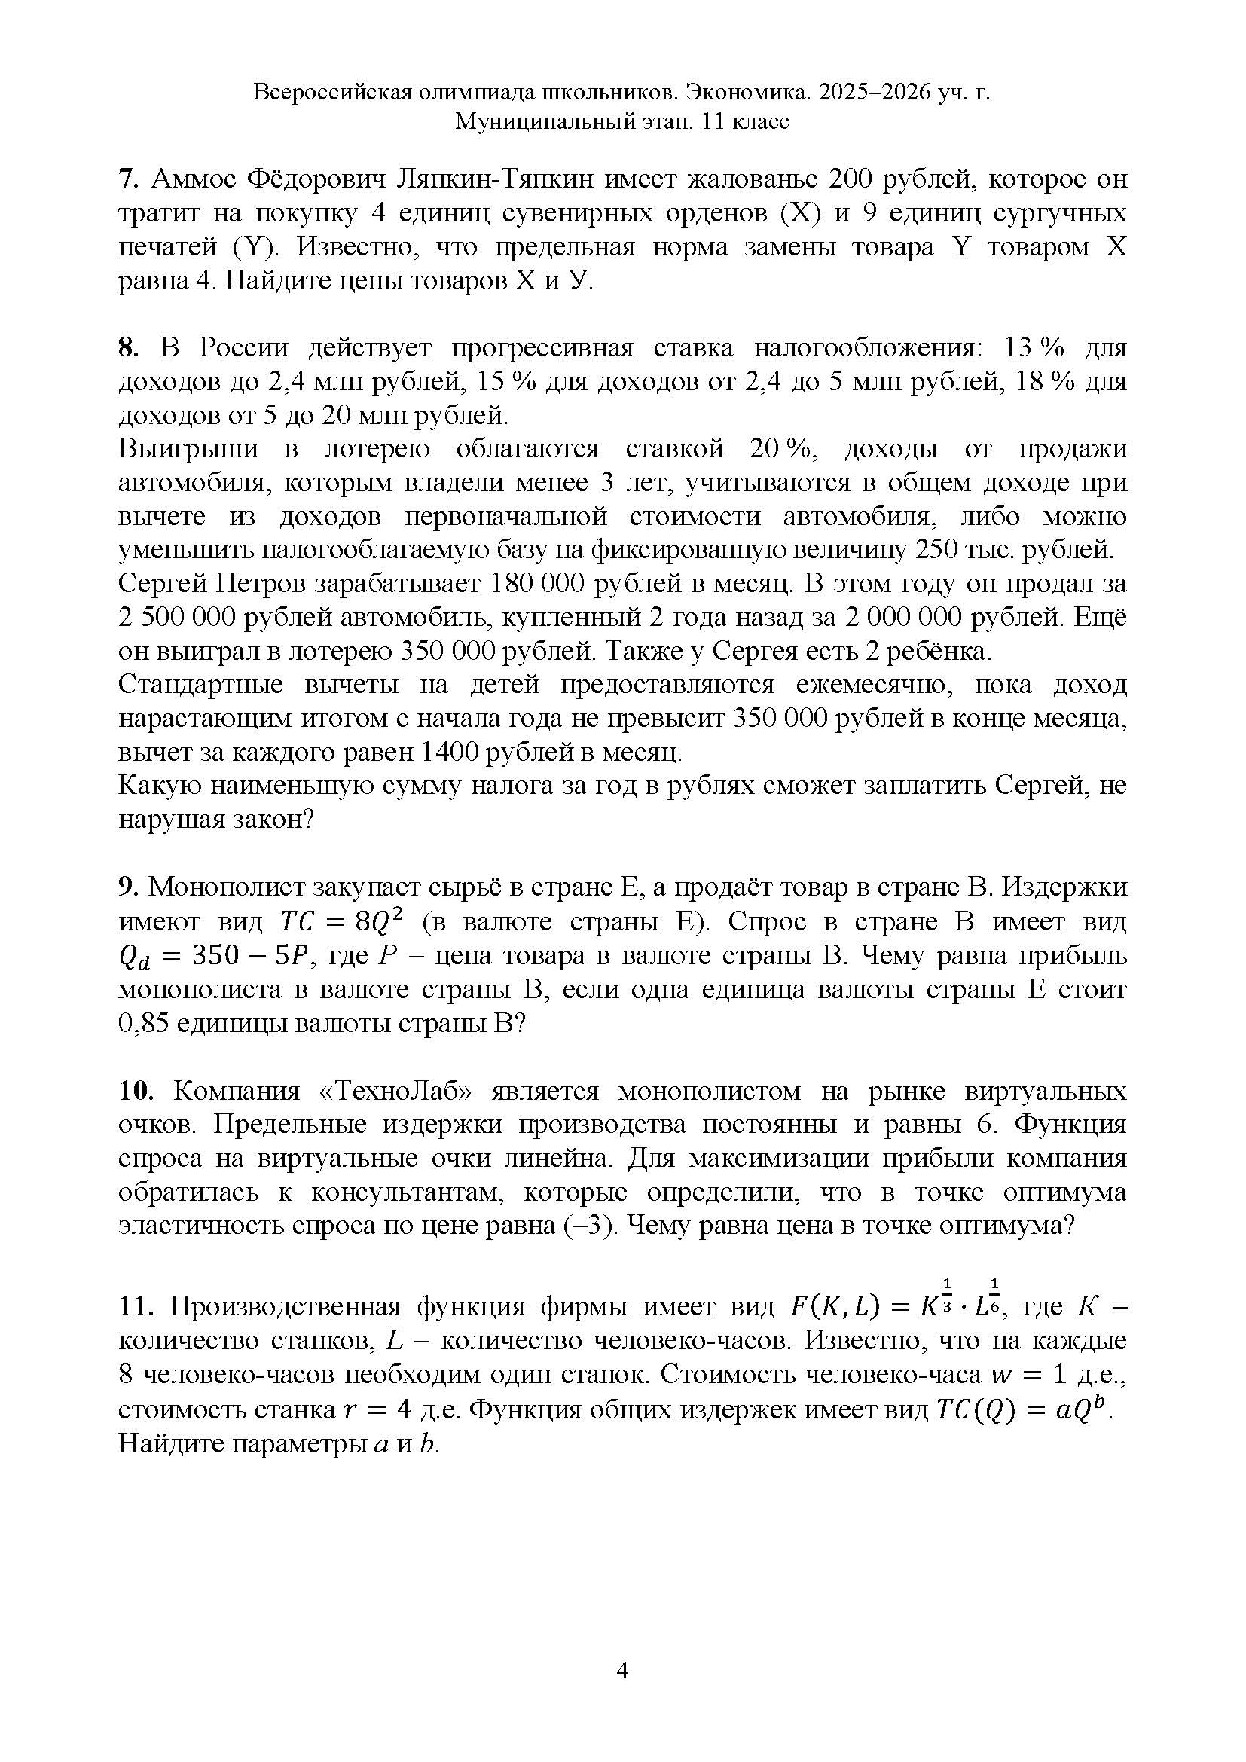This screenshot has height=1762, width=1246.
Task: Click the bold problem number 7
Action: (127, 179)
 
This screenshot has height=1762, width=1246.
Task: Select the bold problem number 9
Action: (127, 887)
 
